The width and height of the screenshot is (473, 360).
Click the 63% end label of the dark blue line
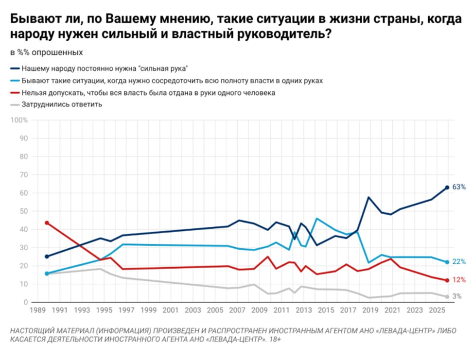point(459,187)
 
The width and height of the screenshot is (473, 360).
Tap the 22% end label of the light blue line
point(459,262)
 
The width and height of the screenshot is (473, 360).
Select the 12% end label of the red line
point(459,280)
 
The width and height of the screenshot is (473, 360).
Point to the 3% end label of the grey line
point(457,296)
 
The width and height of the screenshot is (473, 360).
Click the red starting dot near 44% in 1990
point(47,223)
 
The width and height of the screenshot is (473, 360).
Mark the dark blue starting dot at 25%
point(47,257)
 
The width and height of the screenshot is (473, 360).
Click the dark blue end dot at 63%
point(447,188)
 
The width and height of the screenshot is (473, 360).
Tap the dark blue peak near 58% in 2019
point(369,197)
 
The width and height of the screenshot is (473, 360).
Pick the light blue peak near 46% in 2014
point(317,219)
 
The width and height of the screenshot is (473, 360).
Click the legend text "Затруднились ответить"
point(62,104)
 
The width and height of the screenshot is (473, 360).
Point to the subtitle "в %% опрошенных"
point(47,52)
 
